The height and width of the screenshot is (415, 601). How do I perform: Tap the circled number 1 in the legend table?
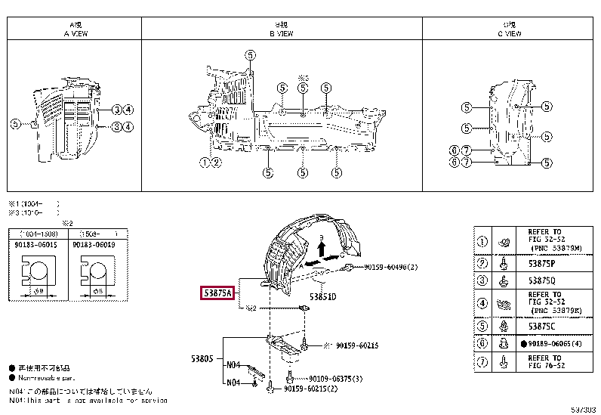(x=482, y=242)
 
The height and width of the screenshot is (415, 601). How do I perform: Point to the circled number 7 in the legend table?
(x=482, y=363)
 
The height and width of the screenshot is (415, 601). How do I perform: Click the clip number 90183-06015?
(x=35, y=244)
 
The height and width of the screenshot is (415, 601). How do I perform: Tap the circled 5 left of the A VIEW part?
(x=14, y=123)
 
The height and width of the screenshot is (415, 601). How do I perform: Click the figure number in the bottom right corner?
(x=582, y=409)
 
